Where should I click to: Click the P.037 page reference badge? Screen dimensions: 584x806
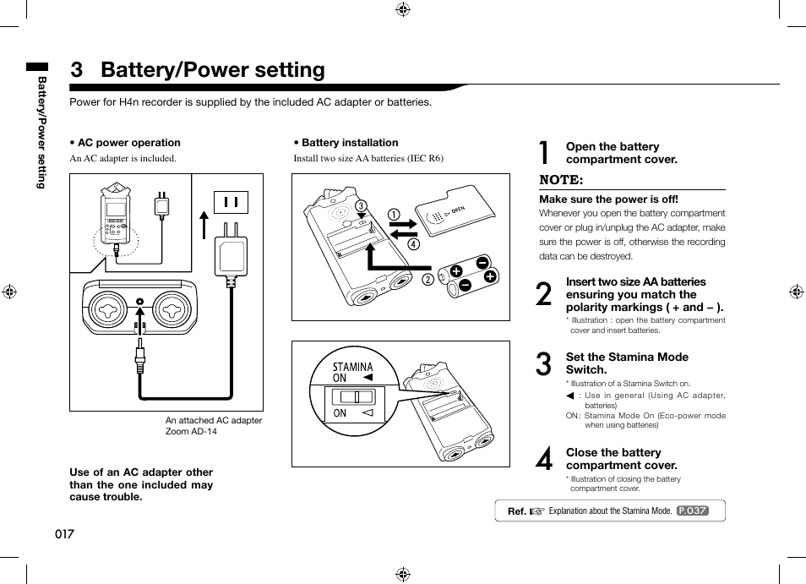[x=692, y=511]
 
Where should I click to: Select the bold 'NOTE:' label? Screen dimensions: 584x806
[x=561, y=180]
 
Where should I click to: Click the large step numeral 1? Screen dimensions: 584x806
[x=545, y=153]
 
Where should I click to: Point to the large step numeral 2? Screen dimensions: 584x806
[x=545, y=294]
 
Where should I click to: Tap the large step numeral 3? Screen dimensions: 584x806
[x=545, y=364]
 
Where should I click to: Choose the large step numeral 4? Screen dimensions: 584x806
[x=545, y=459]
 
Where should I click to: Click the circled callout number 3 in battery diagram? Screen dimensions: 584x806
[x=361, y=206]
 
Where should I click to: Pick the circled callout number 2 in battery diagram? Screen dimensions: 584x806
[x=428, y=280]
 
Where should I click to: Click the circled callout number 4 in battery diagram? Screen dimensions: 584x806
[x=413, y=244]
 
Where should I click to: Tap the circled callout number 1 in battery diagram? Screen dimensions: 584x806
[x=394, y=214]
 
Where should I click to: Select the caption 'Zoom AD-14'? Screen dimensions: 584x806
[x=191, y=432]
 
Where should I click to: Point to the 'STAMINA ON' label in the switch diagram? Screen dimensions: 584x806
[x=351, y=372]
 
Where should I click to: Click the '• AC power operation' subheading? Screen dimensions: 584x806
[x=125, y=143]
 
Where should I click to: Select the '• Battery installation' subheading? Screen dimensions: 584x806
[x=346, y=143]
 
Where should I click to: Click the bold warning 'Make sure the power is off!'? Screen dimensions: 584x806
[x=608, y=199]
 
